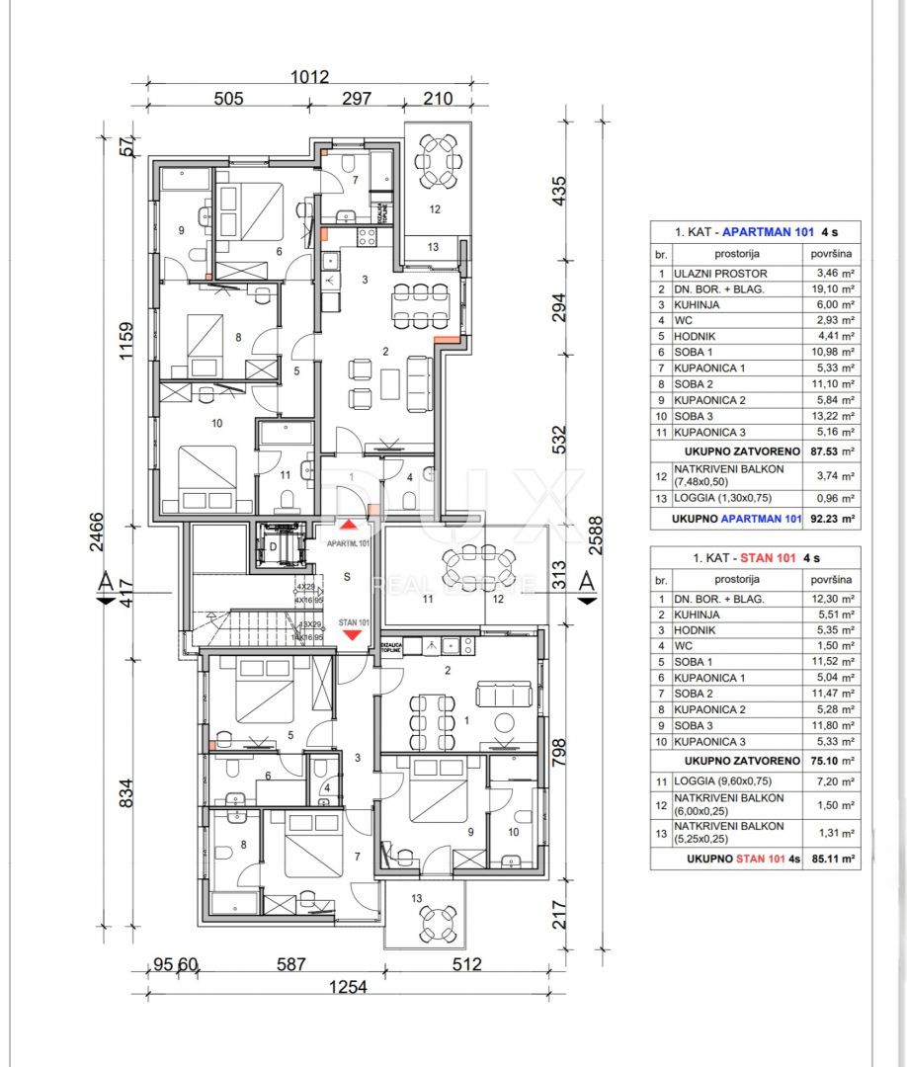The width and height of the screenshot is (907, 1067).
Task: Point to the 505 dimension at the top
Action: coord(228,98)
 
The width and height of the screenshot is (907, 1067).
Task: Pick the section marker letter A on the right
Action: coord(587,583)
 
